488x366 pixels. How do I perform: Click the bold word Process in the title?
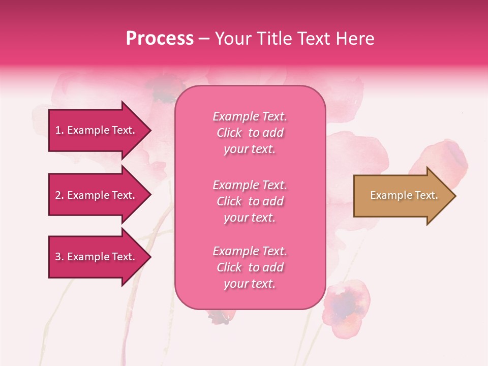160,39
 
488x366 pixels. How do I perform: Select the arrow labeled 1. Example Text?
97,130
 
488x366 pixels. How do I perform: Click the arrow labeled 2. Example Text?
97,195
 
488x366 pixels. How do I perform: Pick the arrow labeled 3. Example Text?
97,257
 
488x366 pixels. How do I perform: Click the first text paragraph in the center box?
250,133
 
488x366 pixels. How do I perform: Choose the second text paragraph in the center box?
250,201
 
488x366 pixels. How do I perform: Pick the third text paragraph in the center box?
250,267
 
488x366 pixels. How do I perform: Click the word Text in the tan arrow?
426,195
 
